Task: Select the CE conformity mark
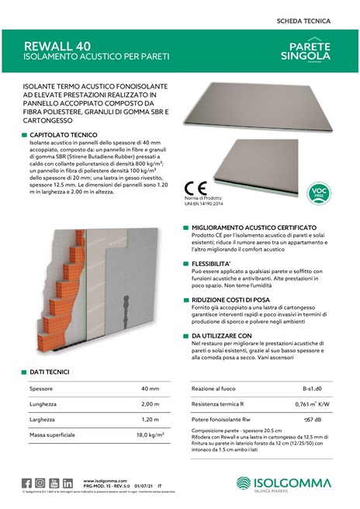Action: pyautogui.click(x=197, y=190)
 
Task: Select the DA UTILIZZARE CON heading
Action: pyautogui.click(x=223, y=335)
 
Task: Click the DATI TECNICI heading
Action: pyautogui.click(x=54, y=373)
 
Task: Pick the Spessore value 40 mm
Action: pyautogui.click(x=150, y=388)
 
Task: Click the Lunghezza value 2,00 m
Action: pyautogui.click(x=150, y=404)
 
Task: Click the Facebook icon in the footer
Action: pyautogui.click(x=27, y=483)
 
